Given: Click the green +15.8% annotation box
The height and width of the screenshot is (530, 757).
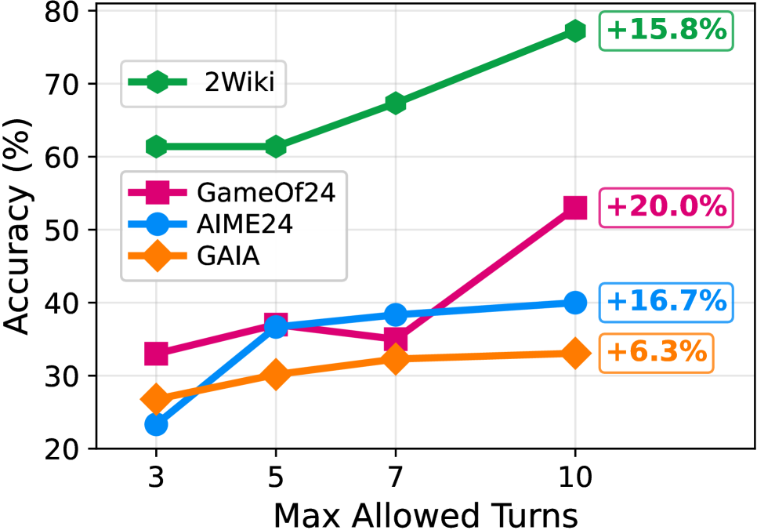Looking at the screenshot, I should click(667, 31).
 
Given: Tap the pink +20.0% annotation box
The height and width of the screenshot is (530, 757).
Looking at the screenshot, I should click(667, 208).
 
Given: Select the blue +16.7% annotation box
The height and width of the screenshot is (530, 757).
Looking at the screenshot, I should click(667, 302).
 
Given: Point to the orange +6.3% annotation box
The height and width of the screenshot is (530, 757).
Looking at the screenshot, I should click(657, 353).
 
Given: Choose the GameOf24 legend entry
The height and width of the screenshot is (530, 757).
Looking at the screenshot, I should click(233, 192).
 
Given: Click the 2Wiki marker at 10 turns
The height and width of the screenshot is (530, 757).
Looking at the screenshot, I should click(575, 31).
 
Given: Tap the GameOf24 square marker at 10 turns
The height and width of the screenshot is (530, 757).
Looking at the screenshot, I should click(575, 208).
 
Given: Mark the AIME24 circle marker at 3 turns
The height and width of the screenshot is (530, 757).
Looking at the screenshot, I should click(156, 425).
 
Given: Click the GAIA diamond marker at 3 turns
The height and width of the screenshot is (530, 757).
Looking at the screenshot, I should click(156, 399).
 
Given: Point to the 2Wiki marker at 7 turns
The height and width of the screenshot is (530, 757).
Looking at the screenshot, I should click(395, 103).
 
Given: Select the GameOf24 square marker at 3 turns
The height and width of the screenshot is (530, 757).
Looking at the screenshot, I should click(156, 354).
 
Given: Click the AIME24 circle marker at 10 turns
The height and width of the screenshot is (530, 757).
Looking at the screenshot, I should click(575, 303).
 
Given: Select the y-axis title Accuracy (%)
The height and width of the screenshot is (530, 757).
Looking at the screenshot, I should click(19, 227).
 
